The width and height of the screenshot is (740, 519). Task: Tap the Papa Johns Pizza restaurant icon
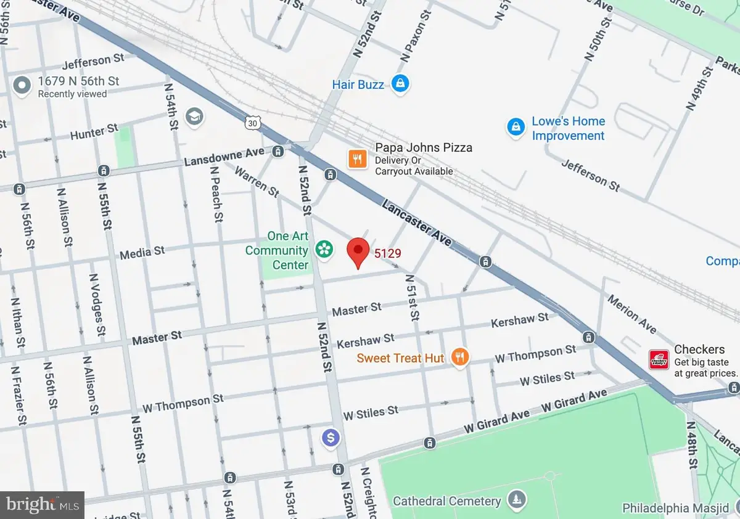[357, 160]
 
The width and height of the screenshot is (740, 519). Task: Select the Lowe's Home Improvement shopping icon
[515, 128]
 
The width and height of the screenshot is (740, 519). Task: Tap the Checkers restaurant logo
[659, 359]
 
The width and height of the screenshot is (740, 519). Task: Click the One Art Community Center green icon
[322, 250]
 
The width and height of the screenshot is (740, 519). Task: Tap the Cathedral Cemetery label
[447, 501]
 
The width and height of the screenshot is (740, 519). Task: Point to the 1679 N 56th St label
[78, 81]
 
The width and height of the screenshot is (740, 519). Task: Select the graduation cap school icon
[195, 116]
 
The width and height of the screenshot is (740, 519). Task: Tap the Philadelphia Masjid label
[680, 509]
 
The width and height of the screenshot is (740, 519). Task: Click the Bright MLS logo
[41, 505]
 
